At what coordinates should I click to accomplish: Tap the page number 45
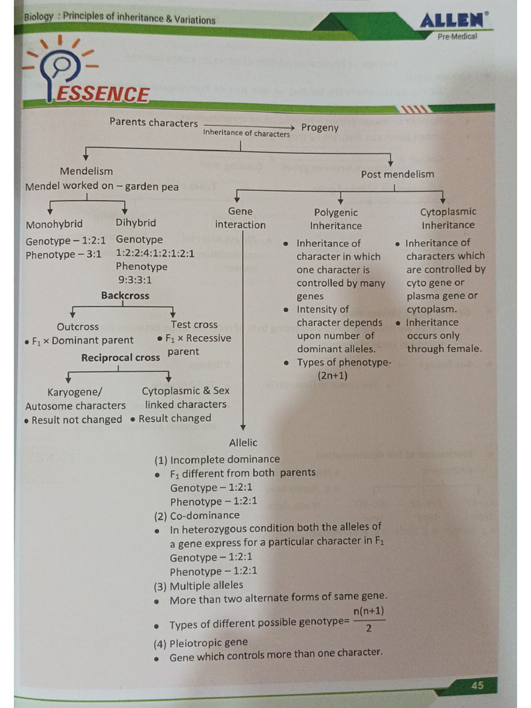pos(477,685)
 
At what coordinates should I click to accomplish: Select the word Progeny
pos(320,127)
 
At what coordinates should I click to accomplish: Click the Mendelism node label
pos(86,171)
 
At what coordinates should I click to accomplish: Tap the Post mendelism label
pos(398,174)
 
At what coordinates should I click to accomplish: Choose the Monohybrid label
pos(54,224)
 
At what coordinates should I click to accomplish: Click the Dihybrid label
pos(136,223)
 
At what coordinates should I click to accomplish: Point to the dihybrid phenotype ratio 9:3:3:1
pos(134,280)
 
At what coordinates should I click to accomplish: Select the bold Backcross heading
pos(125,295)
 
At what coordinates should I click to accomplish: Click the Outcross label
pos(77,326)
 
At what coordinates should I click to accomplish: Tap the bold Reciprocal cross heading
pos(120,357)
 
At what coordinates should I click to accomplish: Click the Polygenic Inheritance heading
pos(336,219)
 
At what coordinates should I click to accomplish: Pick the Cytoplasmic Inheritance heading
pos(448,218)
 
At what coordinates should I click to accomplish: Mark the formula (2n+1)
pos(333,376)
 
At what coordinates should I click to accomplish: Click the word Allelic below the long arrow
pos(243,442)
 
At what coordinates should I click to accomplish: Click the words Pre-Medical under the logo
pos(457,37)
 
